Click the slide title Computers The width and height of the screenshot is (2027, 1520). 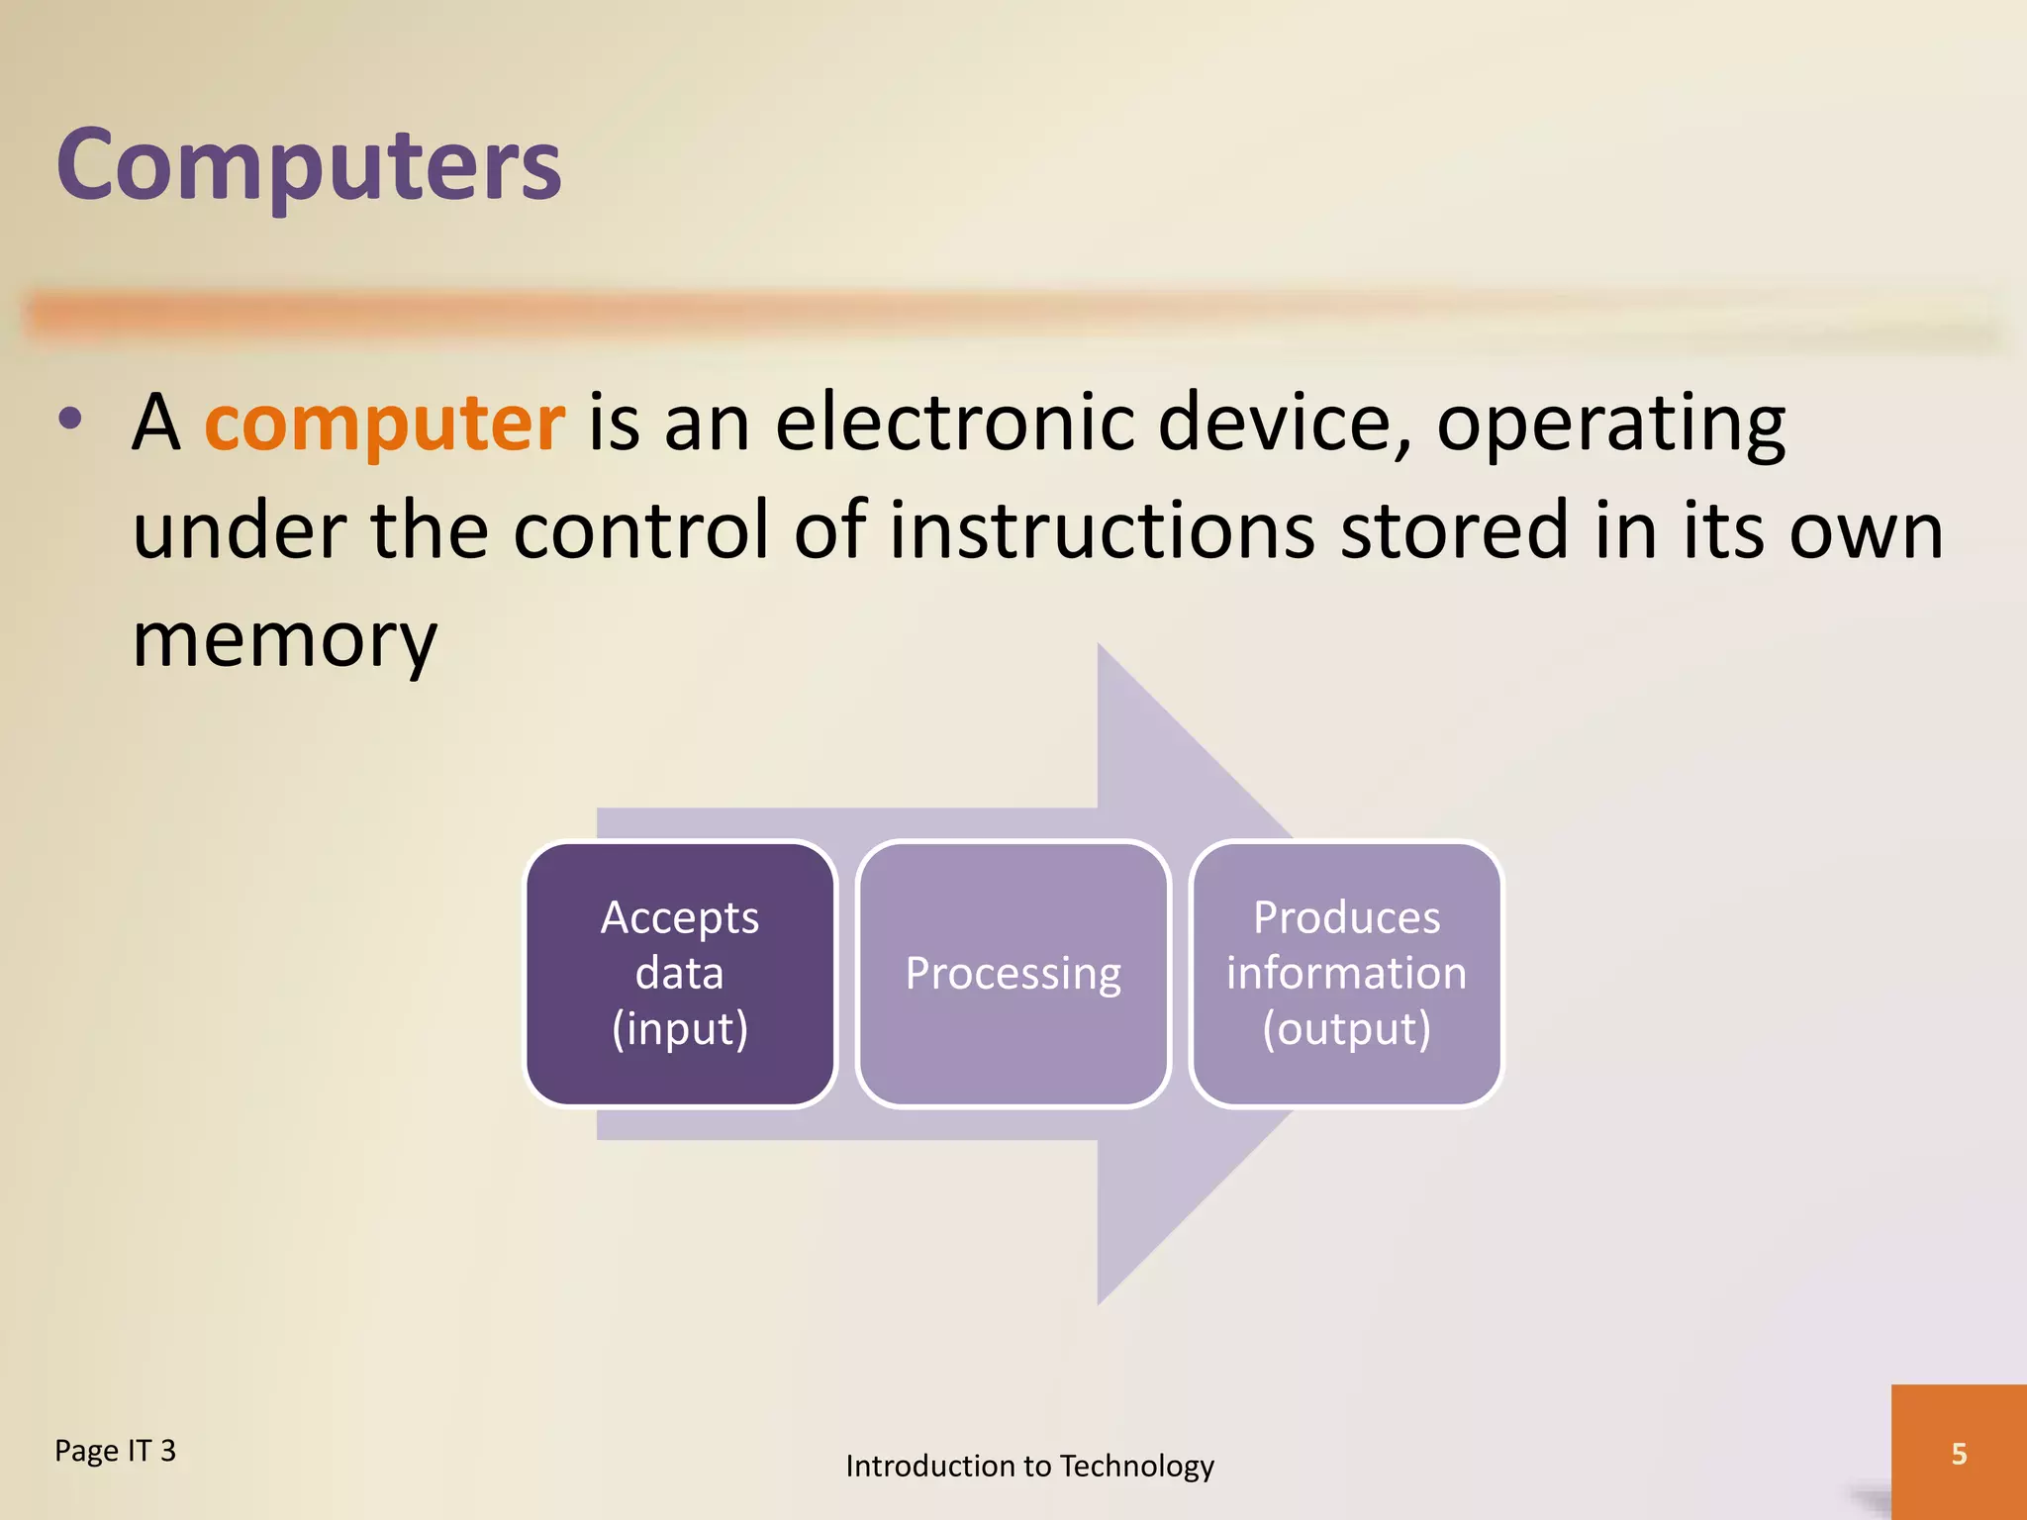pos(309,165)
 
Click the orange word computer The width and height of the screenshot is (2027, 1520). pos(384,424)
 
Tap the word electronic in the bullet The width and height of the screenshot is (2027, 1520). pos(953,424)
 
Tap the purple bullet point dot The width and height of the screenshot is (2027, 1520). pos(69,420)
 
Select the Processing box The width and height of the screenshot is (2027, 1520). pos(1013,973)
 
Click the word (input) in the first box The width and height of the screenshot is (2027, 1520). pos(680,1029)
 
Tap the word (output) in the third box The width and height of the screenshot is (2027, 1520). pos(1346,1029)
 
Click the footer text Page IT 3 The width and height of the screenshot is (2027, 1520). pos(115,1451)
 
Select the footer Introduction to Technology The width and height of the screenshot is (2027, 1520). pos(1029,1466)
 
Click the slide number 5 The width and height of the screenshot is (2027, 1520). pos(1959,1454)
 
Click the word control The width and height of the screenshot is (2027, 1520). pos(639,531)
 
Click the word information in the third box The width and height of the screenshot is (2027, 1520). pos(1346,973)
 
